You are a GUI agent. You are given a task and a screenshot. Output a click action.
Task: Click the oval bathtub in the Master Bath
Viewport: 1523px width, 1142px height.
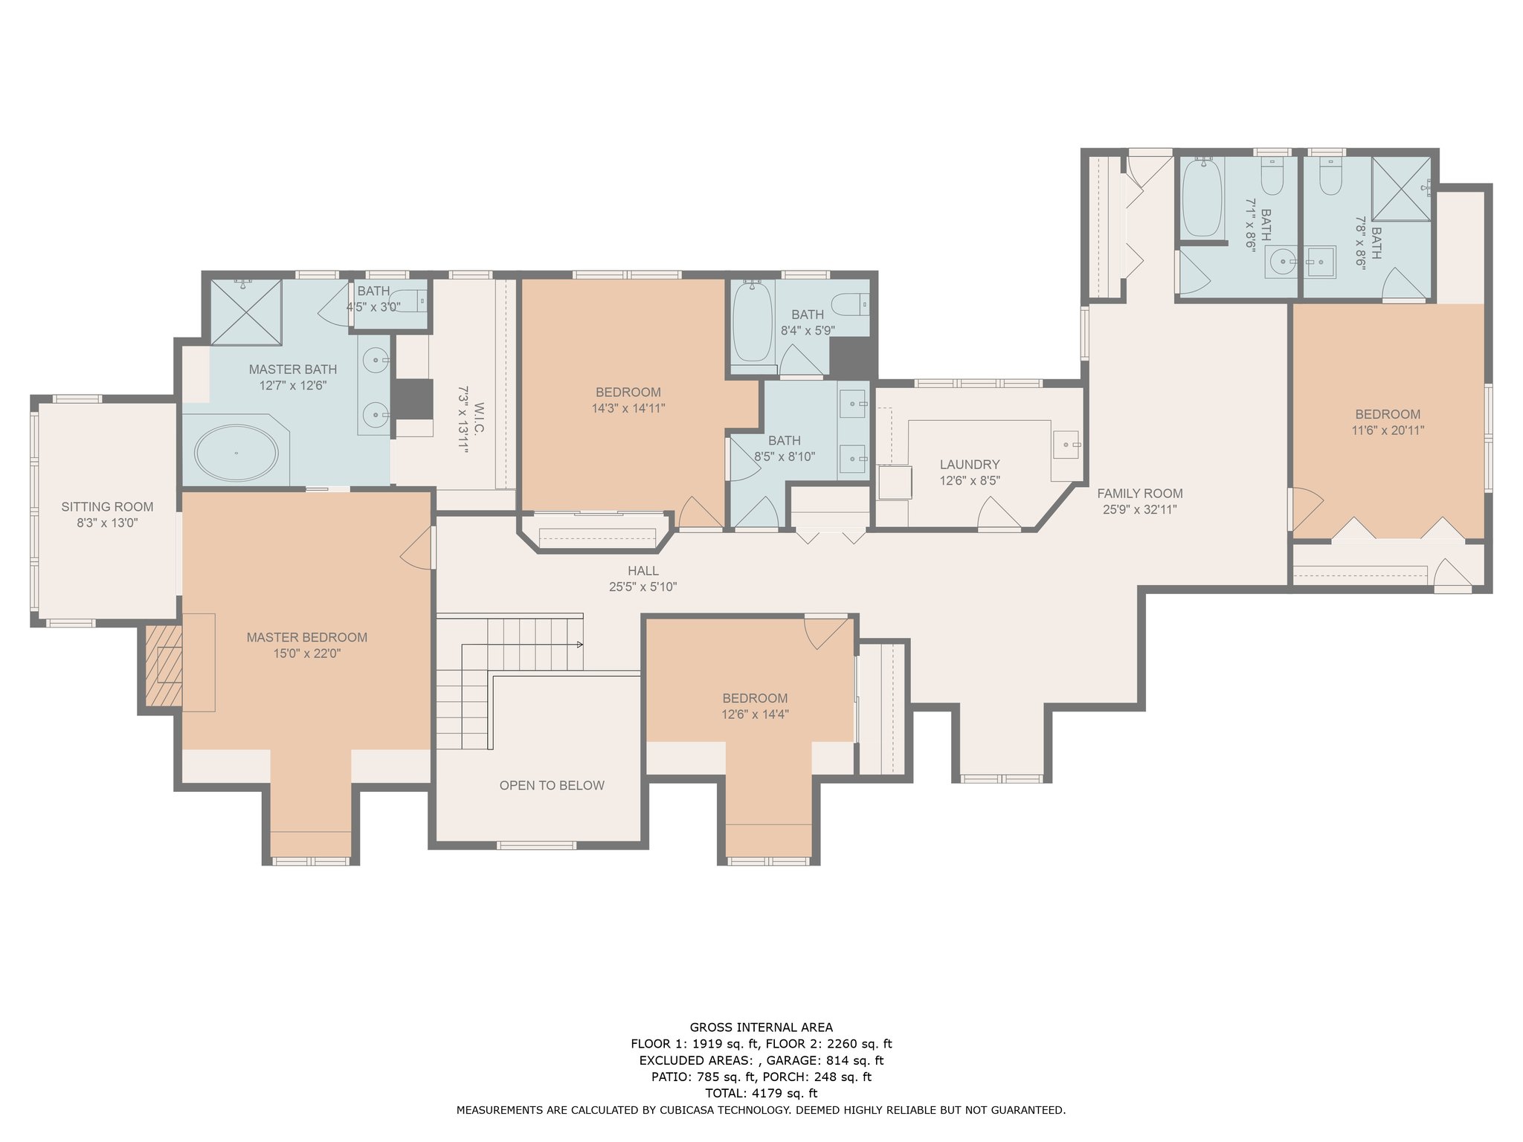tap(236, 453)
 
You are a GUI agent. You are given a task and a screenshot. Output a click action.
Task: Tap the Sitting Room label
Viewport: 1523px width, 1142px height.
tap(107, 507)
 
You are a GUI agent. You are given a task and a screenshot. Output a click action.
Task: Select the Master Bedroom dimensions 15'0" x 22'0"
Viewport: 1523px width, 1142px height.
tap(307, 654)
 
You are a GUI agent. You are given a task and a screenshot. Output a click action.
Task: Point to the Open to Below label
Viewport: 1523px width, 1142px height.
tap(552, 786)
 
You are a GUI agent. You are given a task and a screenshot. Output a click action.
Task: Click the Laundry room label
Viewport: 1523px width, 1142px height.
tap(970, 465)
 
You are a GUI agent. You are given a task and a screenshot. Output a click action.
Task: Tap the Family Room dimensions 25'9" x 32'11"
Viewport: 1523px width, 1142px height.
tap(1140, 509)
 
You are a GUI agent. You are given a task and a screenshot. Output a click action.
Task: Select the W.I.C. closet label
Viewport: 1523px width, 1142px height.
tap(479, 419)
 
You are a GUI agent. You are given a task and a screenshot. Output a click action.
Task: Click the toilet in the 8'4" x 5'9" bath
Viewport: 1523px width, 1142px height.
tap(850, 303)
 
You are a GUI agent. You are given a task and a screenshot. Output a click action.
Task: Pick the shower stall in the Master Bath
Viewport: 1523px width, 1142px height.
tap(245, 312)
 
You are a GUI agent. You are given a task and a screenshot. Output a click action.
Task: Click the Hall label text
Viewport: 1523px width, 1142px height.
tap(643, 571)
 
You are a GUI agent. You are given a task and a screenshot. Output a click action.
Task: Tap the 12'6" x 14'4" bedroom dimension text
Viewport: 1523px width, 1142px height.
tap(755, 714)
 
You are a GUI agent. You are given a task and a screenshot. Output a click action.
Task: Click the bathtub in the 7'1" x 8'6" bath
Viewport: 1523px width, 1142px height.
tap(1202, 197)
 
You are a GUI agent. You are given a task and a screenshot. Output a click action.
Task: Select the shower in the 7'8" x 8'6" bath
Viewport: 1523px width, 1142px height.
tap(1402, 189)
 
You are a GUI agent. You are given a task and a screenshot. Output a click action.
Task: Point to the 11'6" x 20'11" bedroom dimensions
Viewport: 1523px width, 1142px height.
tap(1388, 430)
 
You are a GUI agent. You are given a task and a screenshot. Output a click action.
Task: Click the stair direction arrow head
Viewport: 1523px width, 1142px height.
tap(579, 644)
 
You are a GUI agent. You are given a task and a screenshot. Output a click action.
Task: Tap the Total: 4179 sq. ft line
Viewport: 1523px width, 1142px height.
tap(761, 1093)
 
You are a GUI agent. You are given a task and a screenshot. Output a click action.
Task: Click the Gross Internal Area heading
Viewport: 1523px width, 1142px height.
tap(761, 1028)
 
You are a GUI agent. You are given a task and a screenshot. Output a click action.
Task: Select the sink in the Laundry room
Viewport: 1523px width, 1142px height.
tap(1066, 445)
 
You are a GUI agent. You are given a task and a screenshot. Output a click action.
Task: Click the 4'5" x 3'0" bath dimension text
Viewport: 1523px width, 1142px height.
tap(373, 306)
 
